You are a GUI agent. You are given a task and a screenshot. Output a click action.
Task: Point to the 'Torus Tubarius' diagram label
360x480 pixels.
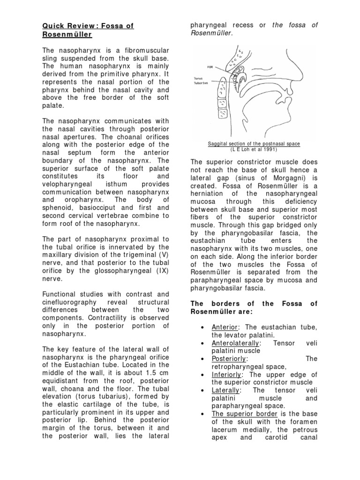pos(201,81)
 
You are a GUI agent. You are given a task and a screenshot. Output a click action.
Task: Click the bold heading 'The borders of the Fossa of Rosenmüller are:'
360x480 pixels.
pos(254,307)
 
